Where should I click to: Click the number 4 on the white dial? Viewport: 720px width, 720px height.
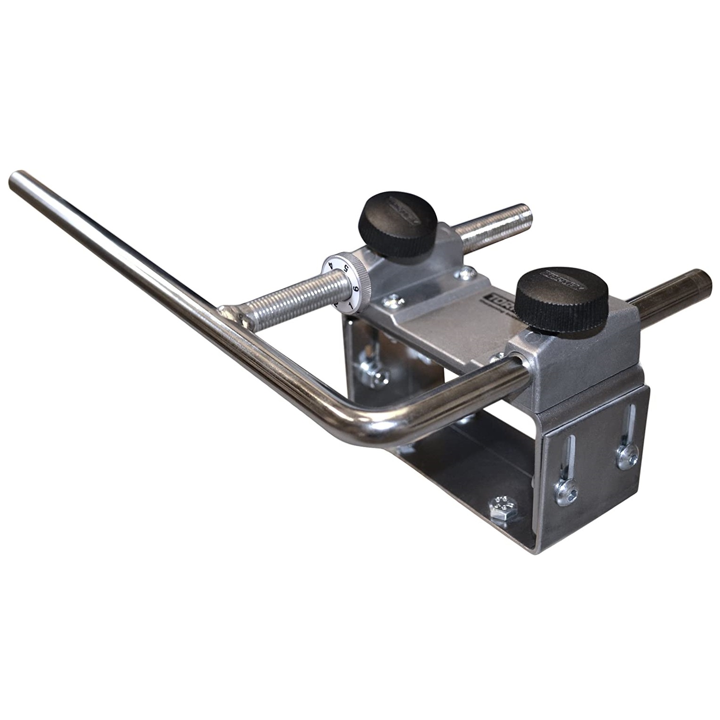(x=331, y=265)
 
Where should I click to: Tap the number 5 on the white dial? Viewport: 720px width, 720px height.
(x=346, y=269)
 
